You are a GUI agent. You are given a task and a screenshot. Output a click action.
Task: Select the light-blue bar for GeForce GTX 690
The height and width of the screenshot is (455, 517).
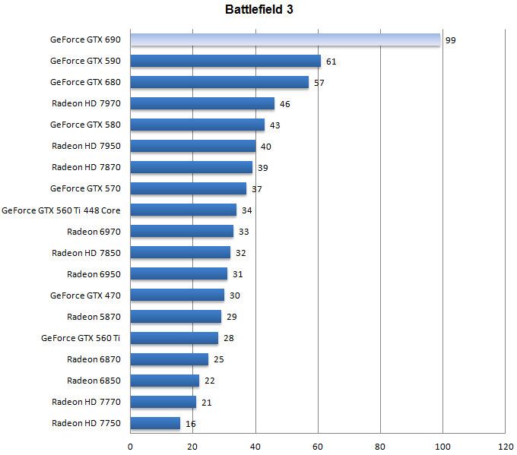[x=285, y=39]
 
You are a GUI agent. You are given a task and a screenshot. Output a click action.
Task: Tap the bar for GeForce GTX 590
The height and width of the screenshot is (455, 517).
[x=226, y=61]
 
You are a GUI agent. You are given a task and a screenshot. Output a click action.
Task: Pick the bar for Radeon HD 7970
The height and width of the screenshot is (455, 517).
[x=202, y=103]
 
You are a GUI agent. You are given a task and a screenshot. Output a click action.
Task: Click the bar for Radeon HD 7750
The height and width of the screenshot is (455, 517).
[x=156, y=423]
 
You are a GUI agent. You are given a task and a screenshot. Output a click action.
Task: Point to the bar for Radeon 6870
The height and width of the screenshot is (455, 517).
[x=170, y=359]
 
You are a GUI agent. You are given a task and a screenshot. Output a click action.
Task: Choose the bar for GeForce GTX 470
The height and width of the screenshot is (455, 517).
[x=177, y=295]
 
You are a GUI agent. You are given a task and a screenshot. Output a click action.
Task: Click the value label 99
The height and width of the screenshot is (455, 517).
[x=451, y=40]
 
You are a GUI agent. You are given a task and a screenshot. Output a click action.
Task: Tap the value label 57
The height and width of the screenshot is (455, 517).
[x=319, y=83]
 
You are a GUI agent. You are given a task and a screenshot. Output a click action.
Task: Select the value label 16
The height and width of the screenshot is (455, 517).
[x=191, y=423]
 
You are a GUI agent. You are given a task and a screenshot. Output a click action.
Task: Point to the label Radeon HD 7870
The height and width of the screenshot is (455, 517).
[x=87, y=167]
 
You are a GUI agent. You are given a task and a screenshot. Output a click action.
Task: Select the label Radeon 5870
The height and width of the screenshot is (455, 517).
[x=94, y=317]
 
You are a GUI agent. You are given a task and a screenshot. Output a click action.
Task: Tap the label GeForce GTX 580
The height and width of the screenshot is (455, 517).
[x=85, y=125]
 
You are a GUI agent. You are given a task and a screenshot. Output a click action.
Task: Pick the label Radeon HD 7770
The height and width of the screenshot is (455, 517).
[x=87, y=402]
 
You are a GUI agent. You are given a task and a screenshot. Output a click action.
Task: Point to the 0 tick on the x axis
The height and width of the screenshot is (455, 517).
[x=131, y=446]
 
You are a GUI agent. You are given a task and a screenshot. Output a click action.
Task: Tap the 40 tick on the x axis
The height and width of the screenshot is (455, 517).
[x=255, y=446]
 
